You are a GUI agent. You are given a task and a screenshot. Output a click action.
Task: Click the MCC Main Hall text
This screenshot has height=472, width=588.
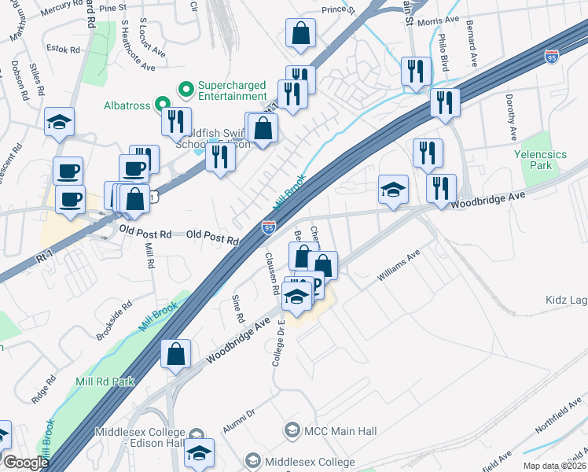[341, 431]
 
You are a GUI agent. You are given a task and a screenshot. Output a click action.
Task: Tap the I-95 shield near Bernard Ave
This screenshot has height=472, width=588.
[553, 57]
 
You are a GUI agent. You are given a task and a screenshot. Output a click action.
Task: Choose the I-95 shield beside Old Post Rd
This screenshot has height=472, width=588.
[269, 227]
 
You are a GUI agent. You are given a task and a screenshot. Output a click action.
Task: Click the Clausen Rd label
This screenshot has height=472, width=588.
[272, 275]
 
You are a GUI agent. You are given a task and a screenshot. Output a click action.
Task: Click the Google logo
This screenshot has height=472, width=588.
[26, 463]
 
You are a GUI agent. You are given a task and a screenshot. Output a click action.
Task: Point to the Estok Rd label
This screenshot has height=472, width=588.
[64, 49]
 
